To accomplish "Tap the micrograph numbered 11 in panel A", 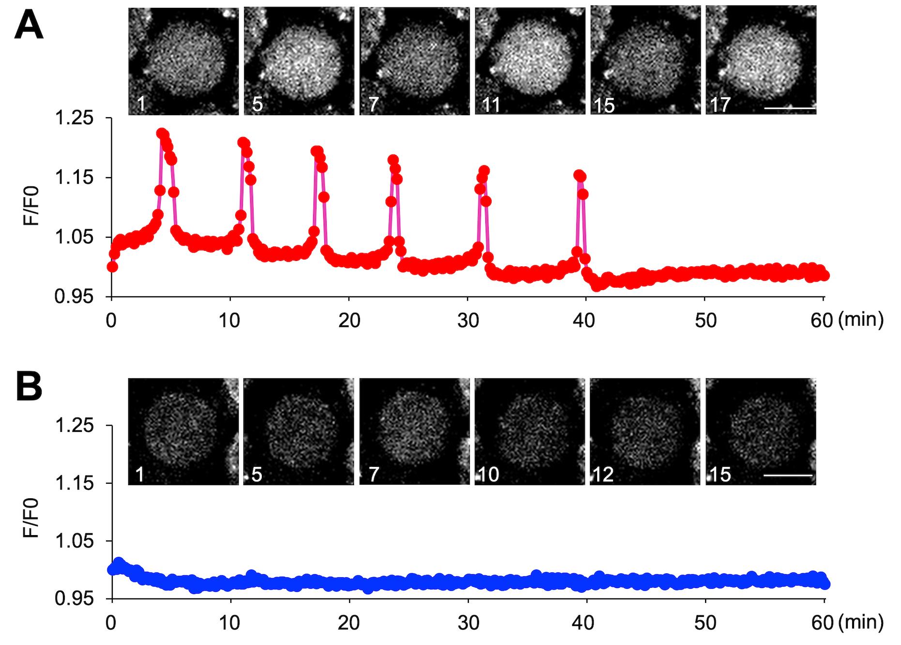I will (530, 61).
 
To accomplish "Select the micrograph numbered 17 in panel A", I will (761, 61).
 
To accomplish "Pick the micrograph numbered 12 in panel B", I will (645, 431).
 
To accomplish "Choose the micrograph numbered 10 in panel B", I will (530, 431).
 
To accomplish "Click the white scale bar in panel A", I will (789, 107).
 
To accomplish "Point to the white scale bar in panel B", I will (788, 476).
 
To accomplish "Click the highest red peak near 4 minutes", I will (162, 133).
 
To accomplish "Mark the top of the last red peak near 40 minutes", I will (579, 175).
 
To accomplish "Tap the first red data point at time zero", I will (112, 267).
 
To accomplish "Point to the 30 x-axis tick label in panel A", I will (468, 321).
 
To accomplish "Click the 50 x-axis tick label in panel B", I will (705, 622).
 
